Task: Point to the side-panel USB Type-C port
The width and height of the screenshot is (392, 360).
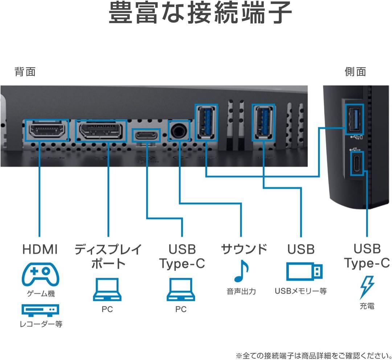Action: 356,164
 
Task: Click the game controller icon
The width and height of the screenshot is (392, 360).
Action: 40,274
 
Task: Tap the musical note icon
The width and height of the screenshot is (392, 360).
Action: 241,272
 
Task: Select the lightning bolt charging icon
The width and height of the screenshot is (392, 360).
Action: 367,287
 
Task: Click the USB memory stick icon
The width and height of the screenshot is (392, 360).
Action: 304,271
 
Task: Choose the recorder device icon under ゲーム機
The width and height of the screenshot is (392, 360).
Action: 40,310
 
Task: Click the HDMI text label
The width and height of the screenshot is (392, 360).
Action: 40,249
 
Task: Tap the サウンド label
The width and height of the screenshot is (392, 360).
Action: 244,249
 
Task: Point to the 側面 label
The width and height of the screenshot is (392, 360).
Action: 355,71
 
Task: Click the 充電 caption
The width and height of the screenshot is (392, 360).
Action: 367,306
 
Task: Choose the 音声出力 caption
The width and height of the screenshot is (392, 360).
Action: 241,291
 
